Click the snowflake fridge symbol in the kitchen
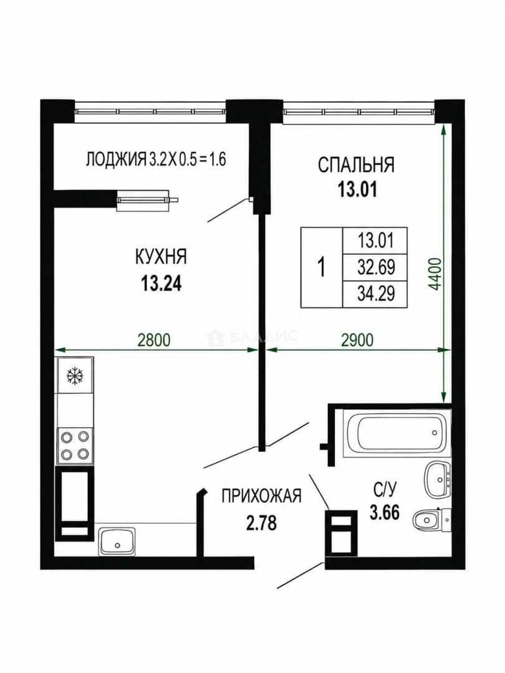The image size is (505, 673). click(x=74, y=376)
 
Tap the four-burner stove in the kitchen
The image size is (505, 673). click(x=75, y=445)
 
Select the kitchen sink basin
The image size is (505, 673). click(x=117, y=541)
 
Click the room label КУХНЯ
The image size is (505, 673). click(x=161, y=257)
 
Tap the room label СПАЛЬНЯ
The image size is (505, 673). click(x=356, y=165)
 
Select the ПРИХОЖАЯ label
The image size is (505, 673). click(x=261, y=496)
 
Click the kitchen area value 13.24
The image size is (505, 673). click(x=161, y=284)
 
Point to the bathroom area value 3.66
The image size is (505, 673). click(x=385, y=512)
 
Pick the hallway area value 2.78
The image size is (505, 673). click(x=261, y=523)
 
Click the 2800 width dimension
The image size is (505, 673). click(x=154, y=340)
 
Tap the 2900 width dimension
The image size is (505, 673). click(x=357, y=340)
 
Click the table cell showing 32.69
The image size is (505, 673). click(x=375, y=267)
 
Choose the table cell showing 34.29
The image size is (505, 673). click(x=375, y=294)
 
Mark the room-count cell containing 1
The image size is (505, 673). click(x=322, y=267)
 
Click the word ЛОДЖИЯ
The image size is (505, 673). click(x=116, y=160)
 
